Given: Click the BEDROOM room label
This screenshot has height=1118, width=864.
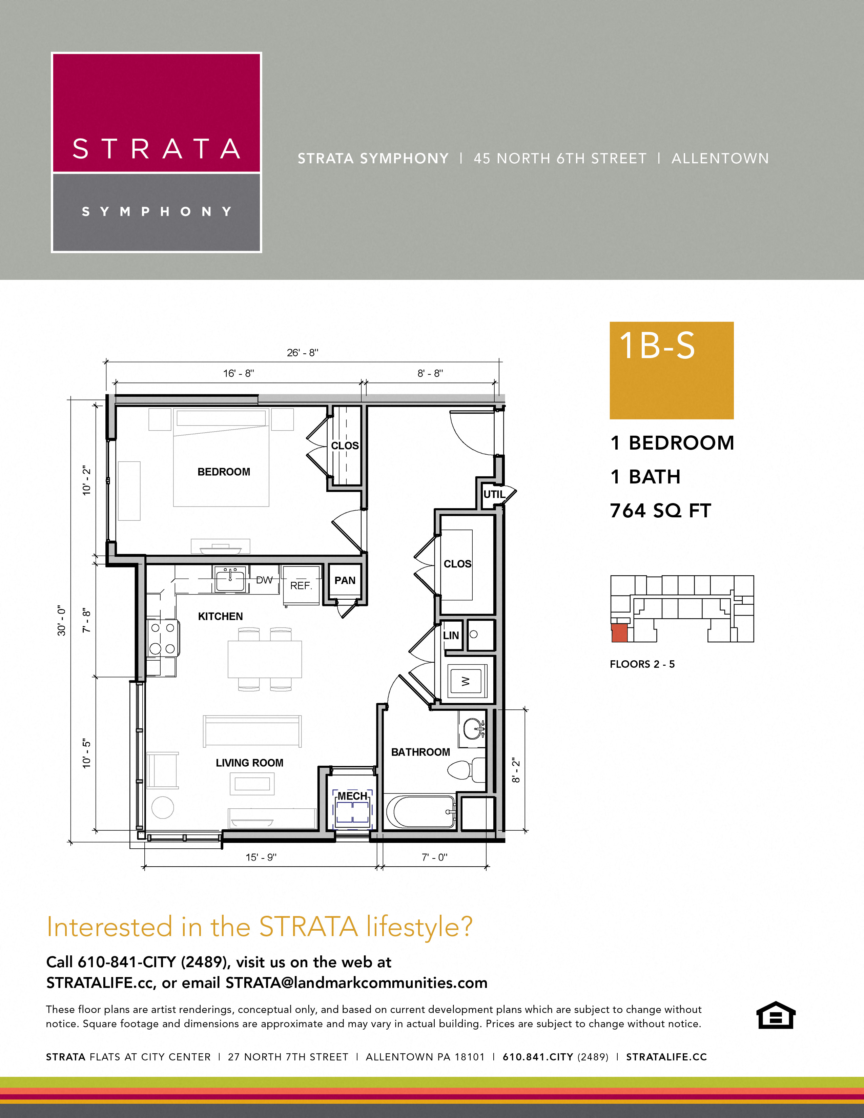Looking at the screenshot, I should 224,472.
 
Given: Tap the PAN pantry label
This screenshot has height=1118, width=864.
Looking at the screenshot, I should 345,580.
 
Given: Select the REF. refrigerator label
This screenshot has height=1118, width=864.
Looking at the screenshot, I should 301,586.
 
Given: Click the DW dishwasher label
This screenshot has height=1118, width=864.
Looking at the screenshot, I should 264,580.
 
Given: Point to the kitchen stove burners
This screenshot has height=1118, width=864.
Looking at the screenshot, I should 163,638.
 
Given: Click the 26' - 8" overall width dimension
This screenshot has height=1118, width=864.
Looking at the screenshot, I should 303,352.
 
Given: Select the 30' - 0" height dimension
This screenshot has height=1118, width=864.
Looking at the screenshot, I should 61,620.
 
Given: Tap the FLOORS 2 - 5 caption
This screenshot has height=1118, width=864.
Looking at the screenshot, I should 642,664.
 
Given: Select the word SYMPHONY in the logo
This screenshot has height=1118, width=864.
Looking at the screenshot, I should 157,211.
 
